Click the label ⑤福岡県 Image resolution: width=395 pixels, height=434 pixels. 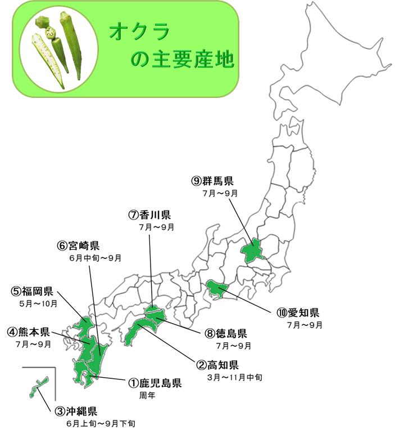point(32,291)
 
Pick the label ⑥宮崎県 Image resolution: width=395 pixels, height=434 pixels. point(78,245)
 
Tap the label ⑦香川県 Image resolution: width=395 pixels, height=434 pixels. point(149,214)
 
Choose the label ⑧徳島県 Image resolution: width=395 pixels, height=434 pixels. point(226,333)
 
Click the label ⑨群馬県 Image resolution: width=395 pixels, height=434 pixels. point(212,181)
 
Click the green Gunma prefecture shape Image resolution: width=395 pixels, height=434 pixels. point(253,250)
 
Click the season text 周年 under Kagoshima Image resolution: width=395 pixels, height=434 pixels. point(147,396)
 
